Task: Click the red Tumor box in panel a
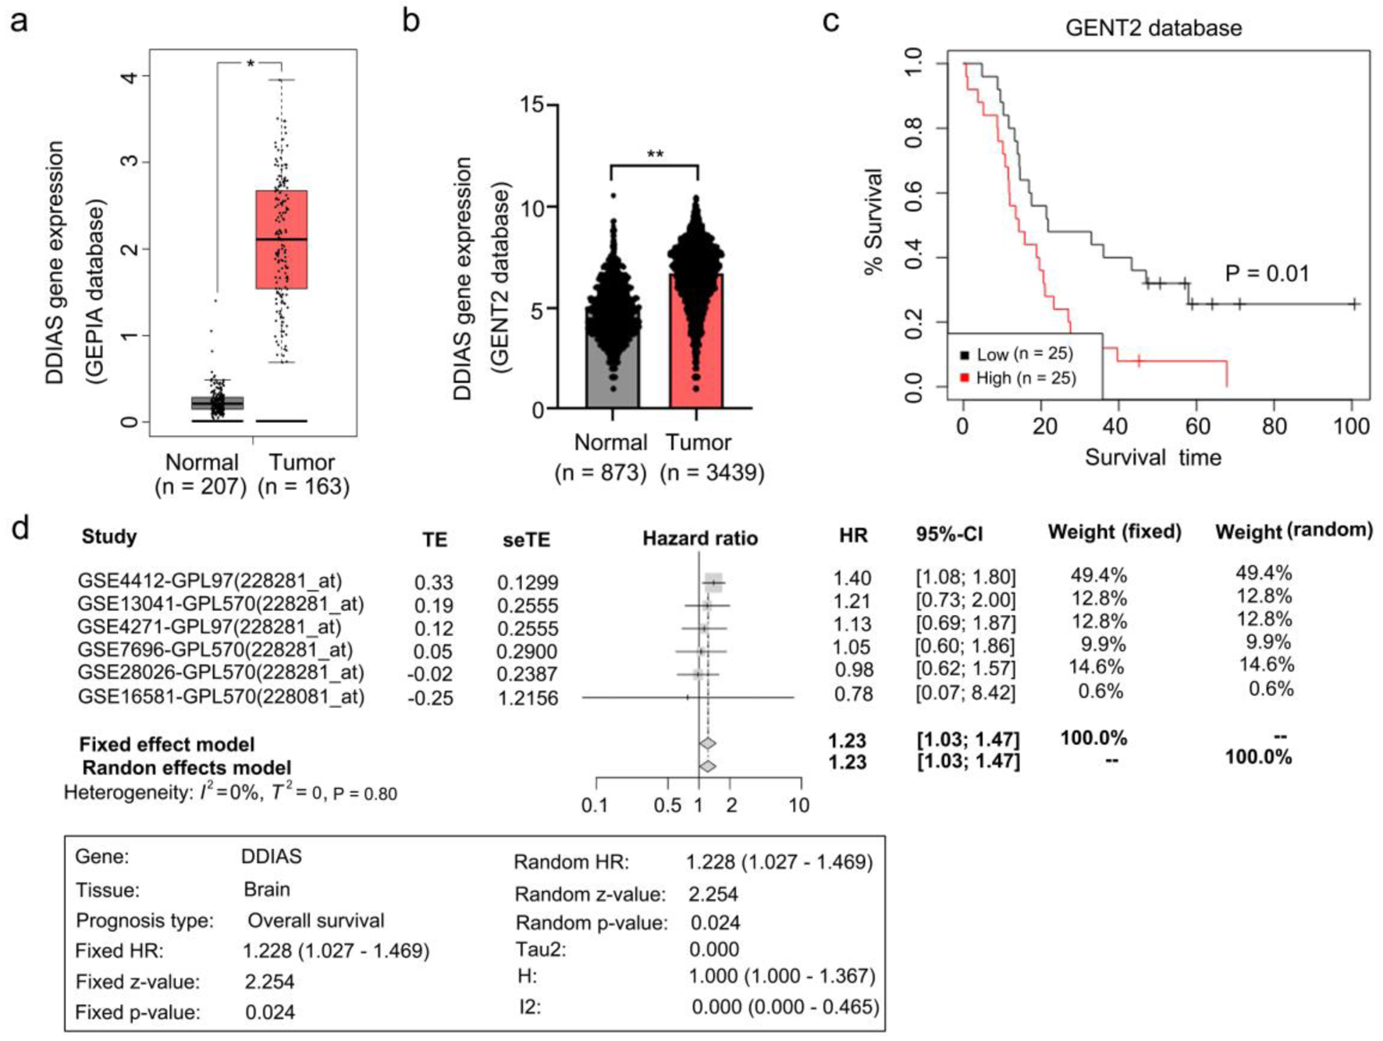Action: pyautogui.click(x=282, y=239)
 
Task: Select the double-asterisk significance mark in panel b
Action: pyautogui.click(x=655, y=154)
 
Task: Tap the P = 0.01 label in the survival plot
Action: pyautogui.click(x=1267, y=274)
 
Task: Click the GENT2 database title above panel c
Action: pyautogui.click(x=1153, y=28)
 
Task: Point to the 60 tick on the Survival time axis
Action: pyautogui.click(x=1197, y=426)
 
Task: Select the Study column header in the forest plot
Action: pyautogui.click(x=109, y=537)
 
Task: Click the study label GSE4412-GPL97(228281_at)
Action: pyautogui.click(x=209, y=581)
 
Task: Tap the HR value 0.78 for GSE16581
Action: pyautogui.click(x=853, y=694)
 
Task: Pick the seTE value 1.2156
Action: pyautogui.click(x=528, y=698)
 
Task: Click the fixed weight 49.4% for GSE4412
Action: pyautogui.click(x=1098, y=576)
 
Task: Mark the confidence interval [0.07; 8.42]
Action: pyautogui.click(x=965, y=693)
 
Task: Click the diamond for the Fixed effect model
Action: pyautogui.click(x=707, y=744)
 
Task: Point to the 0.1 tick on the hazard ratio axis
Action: pyautogui.click(x=596, y=805)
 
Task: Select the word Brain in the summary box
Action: pyautogui.click(x=267, y=890)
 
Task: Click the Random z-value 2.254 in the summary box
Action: pyautogui.click(x=713, y=894)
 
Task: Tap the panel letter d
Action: pyautogui.click(x=20, y=529)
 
